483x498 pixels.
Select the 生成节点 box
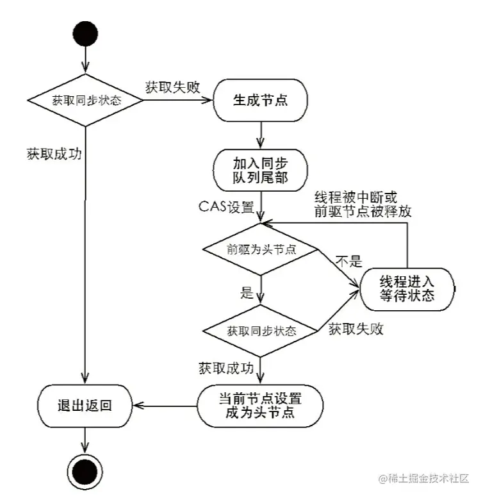click(260, 101)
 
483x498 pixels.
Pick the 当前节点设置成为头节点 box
click(260, 405)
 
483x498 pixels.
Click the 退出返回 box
click(85, 405)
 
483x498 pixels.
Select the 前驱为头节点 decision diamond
click(261, 249)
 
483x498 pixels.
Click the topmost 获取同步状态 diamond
click(86, 101)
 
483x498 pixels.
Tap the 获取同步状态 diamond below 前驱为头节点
click(261, 331)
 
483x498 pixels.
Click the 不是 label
click(350, 261)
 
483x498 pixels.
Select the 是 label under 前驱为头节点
click(247, 294)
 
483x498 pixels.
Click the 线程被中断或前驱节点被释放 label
click(363, 204)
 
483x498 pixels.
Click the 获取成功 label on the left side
click(54, 154)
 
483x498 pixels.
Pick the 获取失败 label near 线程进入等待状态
click(356, 329)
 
